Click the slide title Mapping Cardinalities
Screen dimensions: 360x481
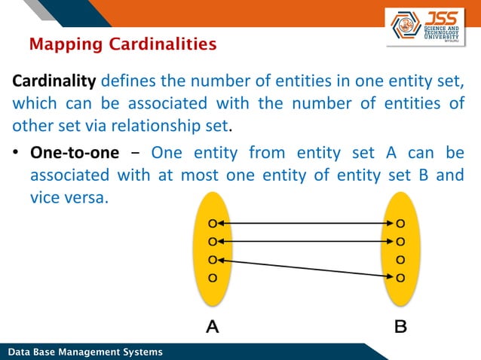click(122, 45)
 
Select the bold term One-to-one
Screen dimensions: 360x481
click(74, 153)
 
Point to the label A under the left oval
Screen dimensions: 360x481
click(213, 327)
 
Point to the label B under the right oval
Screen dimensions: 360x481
click(400, 327)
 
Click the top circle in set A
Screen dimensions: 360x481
click(213, 224)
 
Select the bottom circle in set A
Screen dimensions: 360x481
click(213, 278)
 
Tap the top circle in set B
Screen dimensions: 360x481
click(400, 224)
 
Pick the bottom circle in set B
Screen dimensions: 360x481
click(400, 278)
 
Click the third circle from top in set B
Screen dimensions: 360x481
click(400, 260)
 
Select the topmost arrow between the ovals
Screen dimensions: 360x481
click(306, 224)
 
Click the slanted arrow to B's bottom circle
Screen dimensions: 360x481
click(306, 269)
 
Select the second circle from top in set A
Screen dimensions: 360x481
click(213, 242)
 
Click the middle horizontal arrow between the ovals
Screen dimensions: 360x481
click(306, 242)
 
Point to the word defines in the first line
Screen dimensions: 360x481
click(126, 81)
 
